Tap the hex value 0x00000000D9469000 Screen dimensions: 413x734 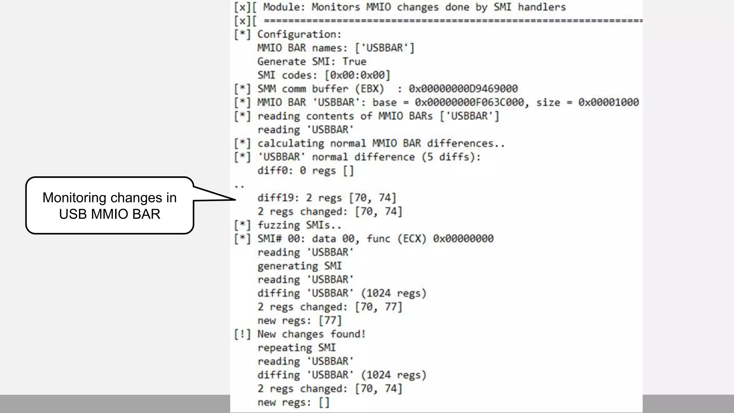(463, 89)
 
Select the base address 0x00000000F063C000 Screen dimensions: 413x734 (469, 103)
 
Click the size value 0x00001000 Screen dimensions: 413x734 (608, 103)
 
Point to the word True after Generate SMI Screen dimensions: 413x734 (354, 62)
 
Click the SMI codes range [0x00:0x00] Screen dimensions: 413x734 (357, 75)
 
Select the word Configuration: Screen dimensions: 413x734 (299, 34)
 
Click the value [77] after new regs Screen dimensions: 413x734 (330, 321)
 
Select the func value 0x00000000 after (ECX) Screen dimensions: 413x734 (463, 239)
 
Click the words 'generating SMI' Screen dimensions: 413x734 (299, 266)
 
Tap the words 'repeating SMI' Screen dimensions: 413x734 (296, 348)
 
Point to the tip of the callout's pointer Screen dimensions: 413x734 (235, 199)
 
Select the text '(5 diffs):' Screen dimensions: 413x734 (451, 157)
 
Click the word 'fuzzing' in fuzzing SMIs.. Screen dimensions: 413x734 (278, 225)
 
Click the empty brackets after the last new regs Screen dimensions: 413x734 (324, 402)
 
